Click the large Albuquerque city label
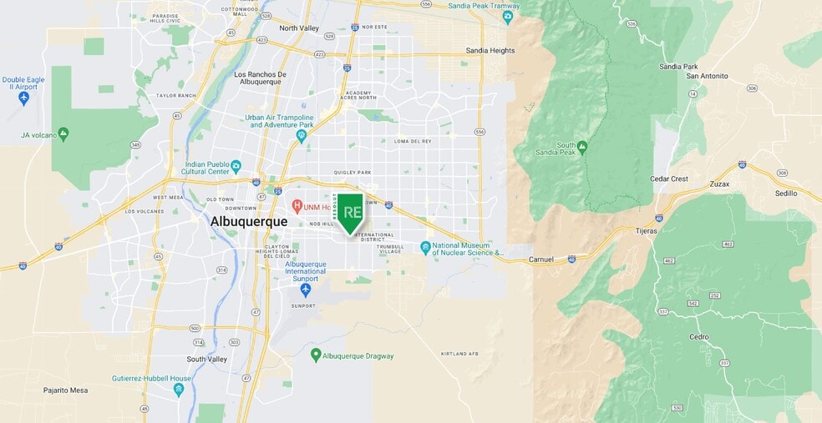pos(248,222)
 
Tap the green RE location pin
pos(351,213)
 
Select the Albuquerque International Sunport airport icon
pos(305,290)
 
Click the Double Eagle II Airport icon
pos(23,98)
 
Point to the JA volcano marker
pos(63,133)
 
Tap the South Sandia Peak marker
pos(582,147)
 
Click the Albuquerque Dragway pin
pos(316,355)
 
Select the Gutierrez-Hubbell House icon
pos(178,389)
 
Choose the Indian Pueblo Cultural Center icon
pos(236,166)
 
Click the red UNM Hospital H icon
pos(297,205)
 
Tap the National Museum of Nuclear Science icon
pos(425,248)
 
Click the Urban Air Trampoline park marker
pos(302,135)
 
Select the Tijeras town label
pos(647,231)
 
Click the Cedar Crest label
pos(669,179)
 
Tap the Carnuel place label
pos(541,259)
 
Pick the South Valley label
pos(207,359)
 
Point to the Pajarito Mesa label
pos(66,390)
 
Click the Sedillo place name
pos(786,193)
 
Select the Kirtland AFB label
pos(459,354)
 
